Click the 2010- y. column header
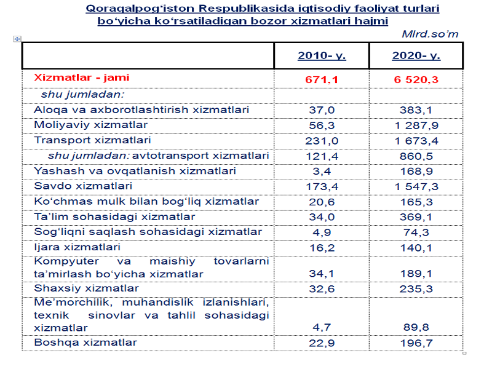click(322, 56)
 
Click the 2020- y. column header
click(416, 56)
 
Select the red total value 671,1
click(322, 80)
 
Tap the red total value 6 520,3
click(416, 80)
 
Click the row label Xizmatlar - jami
click(82, 78)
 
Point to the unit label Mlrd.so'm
click(430, 34)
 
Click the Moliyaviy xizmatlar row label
click(82, 125)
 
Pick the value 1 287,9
click(416, 125)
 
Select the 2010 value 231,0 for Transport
click(322, 141)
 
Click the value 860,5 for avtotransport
click(416, 156)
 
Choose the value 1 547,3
click(416, 186)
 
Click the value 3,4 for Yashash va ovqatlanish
click(322, 171)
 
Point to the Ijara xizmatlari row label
click(68, 247)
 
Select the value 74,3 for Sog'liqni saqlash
click(416, 232)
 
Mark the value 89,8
click(416, 328)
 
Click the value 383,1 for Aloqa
click(416, 110)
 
